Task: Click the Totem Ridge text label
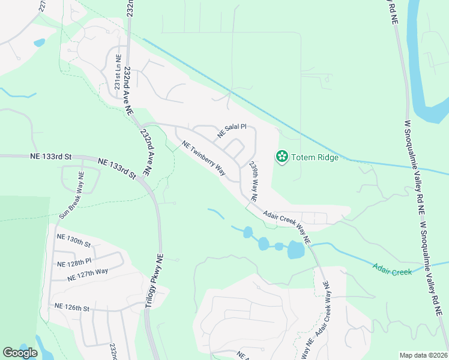(315, 158)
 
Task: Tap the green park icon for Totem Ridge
(281, 157)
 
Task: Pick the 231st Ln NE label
(118, 73)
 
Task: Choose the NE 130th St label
(73, 239)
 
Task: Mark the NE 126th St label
(71, 307)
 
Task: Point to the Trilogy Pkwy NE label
(154, 281)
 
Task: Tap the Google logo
(20, 353)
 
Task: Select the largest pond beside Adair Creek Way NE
(296, 250)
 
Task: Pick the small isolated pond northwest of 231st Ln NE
(40, 43)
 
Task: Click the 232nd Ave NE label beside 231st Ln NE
(128, 90)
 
